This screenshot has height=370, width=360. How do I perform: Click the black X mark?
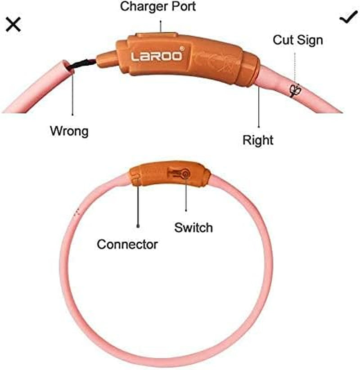click(13, 25)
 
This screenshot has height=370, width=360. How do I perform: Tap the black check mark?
click(348, 17)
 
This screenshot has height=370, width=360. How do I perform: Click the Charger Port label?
click(158, 7)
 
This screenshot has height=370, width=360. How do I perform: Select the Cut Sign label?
click(298, 40)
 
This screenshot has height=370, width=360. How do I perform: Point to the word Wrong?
click(69, 131)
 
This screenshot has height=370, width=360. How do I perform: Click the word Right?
click(258, 140)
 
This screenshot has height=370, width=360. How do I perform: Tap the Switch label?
click(193, 228)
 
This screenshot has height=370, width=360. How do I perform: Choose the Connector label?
click(127, 244)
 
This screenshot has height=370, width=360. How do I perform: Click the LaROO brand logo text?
click(157, 56)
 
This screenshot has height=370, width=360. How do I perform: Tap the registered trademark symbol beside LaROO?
click(182, 49)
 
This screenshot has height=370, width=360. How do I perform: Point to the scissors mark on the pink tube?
click(296, 90)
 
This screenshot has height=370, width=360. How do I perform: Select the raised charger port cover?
click(157, 36)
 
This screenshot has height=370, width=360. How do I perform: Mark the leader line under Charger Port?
click(161, 27)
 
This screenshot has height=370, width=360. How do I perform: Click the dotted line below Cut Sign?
click(295, 68)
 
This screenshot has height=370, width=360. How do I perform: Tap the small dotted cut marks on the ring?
click(77, 212)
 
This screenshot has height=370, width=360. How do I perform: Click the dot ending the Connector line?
click(138, 226)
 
